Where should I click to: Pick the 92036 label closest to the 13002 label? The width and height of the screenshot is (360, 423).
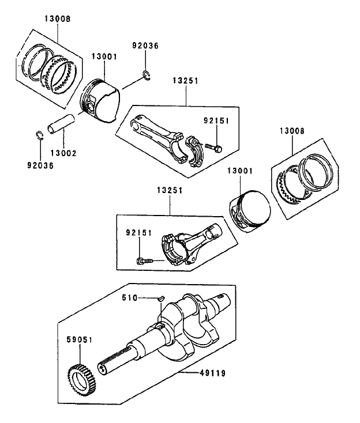click(x=40, y=165)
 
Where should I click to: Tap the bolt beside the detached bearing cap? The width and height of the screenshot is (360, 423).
click(x=214, y=148)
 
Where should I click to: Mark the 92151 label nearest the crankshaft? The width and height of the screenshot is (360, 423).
click(x=138, y=233)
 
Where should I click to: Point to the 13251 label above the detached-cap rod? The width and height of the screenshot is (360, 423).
click(x=185, y=81)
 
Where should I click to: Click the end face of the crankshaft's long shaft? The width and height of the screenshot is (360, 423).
click(x=103, y=367)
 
